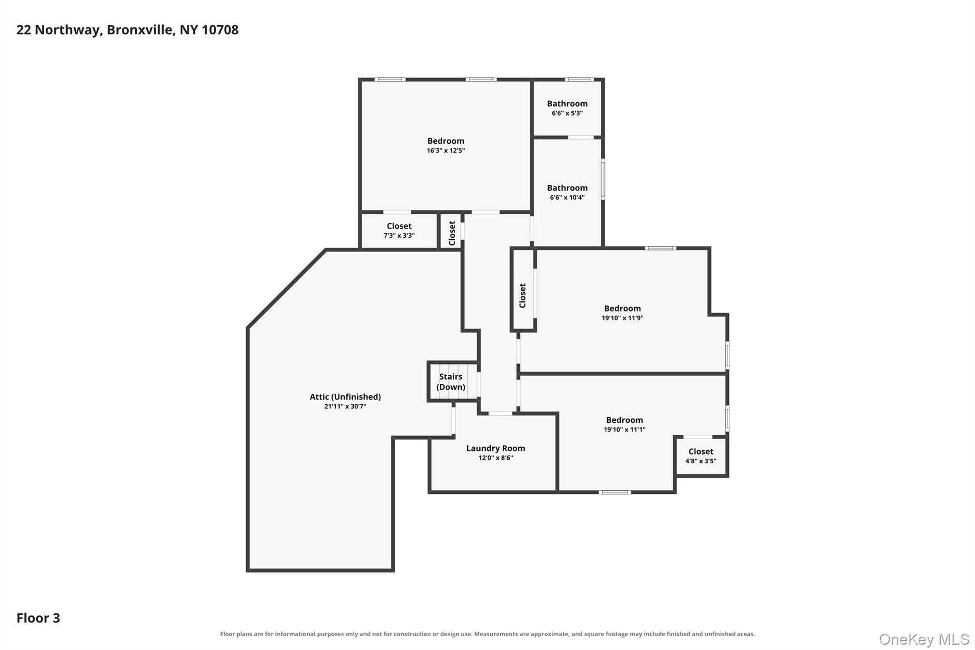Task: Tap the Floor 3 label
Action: [38, 618]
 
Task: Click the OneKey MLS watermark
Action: [924, 639]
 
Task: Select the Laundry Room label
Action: [496, 448]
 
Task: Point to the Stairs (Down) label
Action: [451, 382]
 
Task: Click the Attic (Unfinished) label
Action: [345, 397]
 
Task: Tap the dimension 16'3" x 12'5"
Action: [446, 150]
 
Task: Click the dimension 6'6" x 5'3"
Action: [567, 113]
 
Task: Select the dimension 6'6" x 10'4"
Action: [567, 198]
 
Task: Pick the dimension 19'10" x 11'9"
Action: [622, 318]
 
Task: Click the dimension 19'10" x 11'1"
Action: [624, 430]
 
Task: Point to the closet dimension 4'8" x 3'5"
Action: [701, 461]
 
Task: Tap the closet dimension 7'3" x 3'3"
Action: [399, 236]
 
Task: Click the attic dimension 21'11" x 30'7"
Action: [345, 407]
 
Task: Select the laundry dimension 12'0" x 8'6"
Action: [496, 458]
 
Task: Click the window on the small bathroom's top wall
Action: [579, 80]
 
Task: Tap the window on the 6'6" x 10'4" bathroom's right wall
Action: [603, 179]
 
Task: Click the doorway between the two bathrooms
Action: [581, 138]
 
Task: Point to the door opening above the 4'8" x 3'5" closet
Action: [698, 437]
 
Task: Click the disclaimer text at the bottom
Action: [487, 634]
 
